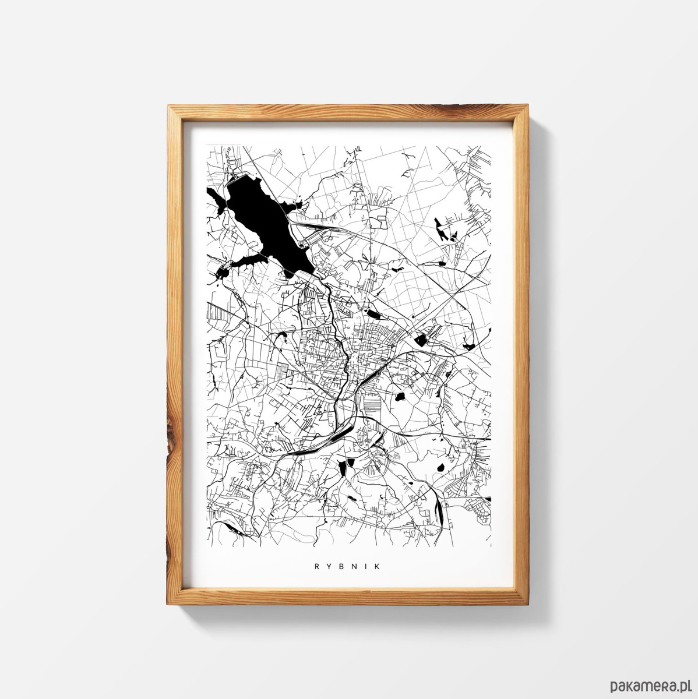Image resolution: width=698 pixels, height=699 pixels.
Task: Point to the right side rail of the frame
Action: click(x=524, y=349)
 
